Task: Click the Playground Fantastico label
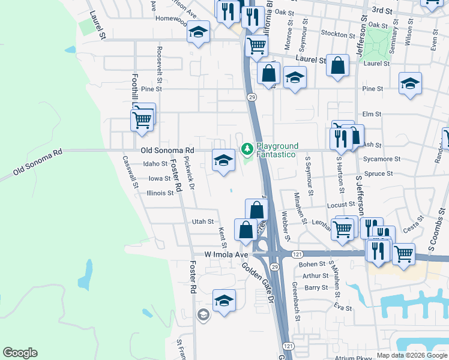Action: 277,150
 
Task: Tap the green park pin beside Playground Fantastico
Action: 246,148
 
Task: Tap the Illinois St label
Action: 160,193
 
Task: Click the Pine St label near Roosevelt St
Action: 151,89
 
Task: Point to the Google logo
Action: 20,353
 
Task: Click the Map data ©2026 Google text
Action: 411,355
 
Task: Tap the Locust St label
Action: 342,205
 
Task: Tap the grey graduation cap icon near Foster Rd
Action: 203,314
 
